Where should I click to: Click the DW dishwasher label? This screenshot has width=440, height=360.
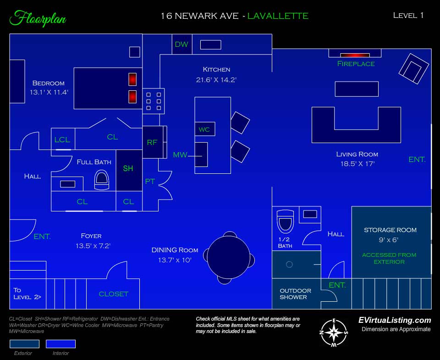pos(181,44)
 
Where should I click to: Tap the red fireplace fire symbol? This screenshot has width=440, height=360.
pos(355,55)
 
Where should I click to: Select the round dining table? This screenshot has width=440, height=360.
pos(229,257)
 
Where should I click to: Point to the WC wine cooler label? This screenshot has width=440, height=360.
pos(204,129)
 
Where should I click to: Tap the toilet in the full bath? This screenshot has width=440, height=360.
pos(102,181)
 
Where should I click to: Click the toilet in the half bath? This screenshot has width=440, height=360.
pos(286,222)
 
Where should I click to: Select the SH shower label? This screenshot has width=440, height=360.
pos(128,168)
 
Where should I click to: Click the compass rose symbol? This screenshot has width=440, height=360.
pos(334,333)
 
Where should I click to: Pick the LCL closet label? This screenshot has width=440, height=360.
pos(62,140)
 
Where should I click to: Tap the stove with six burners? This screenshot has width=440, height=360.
pos(154,101)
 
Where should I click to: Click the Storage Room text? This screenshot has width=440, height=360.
pos(390,230)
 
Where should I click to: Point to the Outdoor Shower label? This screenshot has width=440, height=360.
pos(295,294)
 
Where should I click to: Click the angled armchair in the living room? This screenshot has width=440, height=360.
pos(413,69)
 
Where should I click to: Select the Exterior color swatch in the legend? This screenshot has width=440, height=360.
pos(24,343)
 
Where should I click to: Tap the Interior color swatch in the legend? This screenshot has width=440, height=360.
pos(60,343)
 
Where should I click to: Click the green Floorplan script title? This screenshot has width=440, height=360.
pos(38,18)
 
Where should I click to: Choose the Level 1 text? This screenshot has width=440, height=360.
pos(408,16)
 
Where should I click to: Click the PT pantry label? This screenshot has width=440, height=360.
pos(150,182)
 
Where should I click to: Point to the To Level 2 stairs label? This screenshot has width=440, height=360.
pos(27,294)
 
